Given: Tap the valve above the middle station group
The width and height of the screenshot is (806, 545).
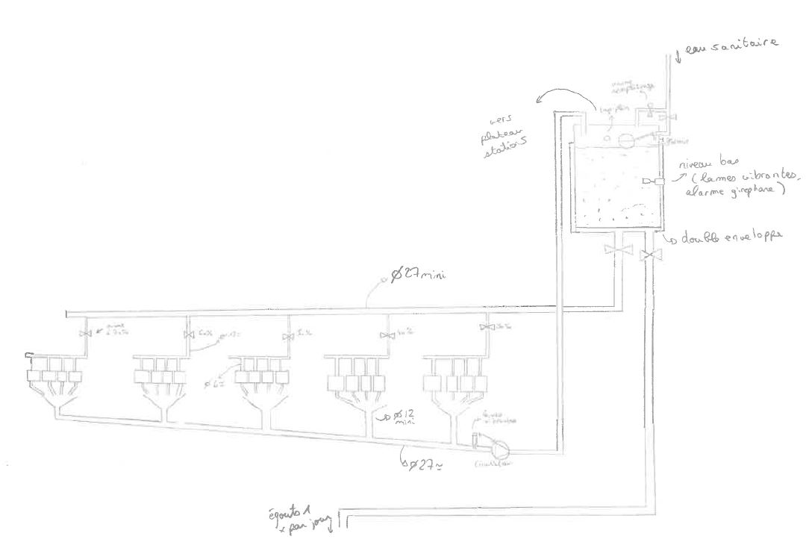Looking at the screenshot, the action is (288, 337).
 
